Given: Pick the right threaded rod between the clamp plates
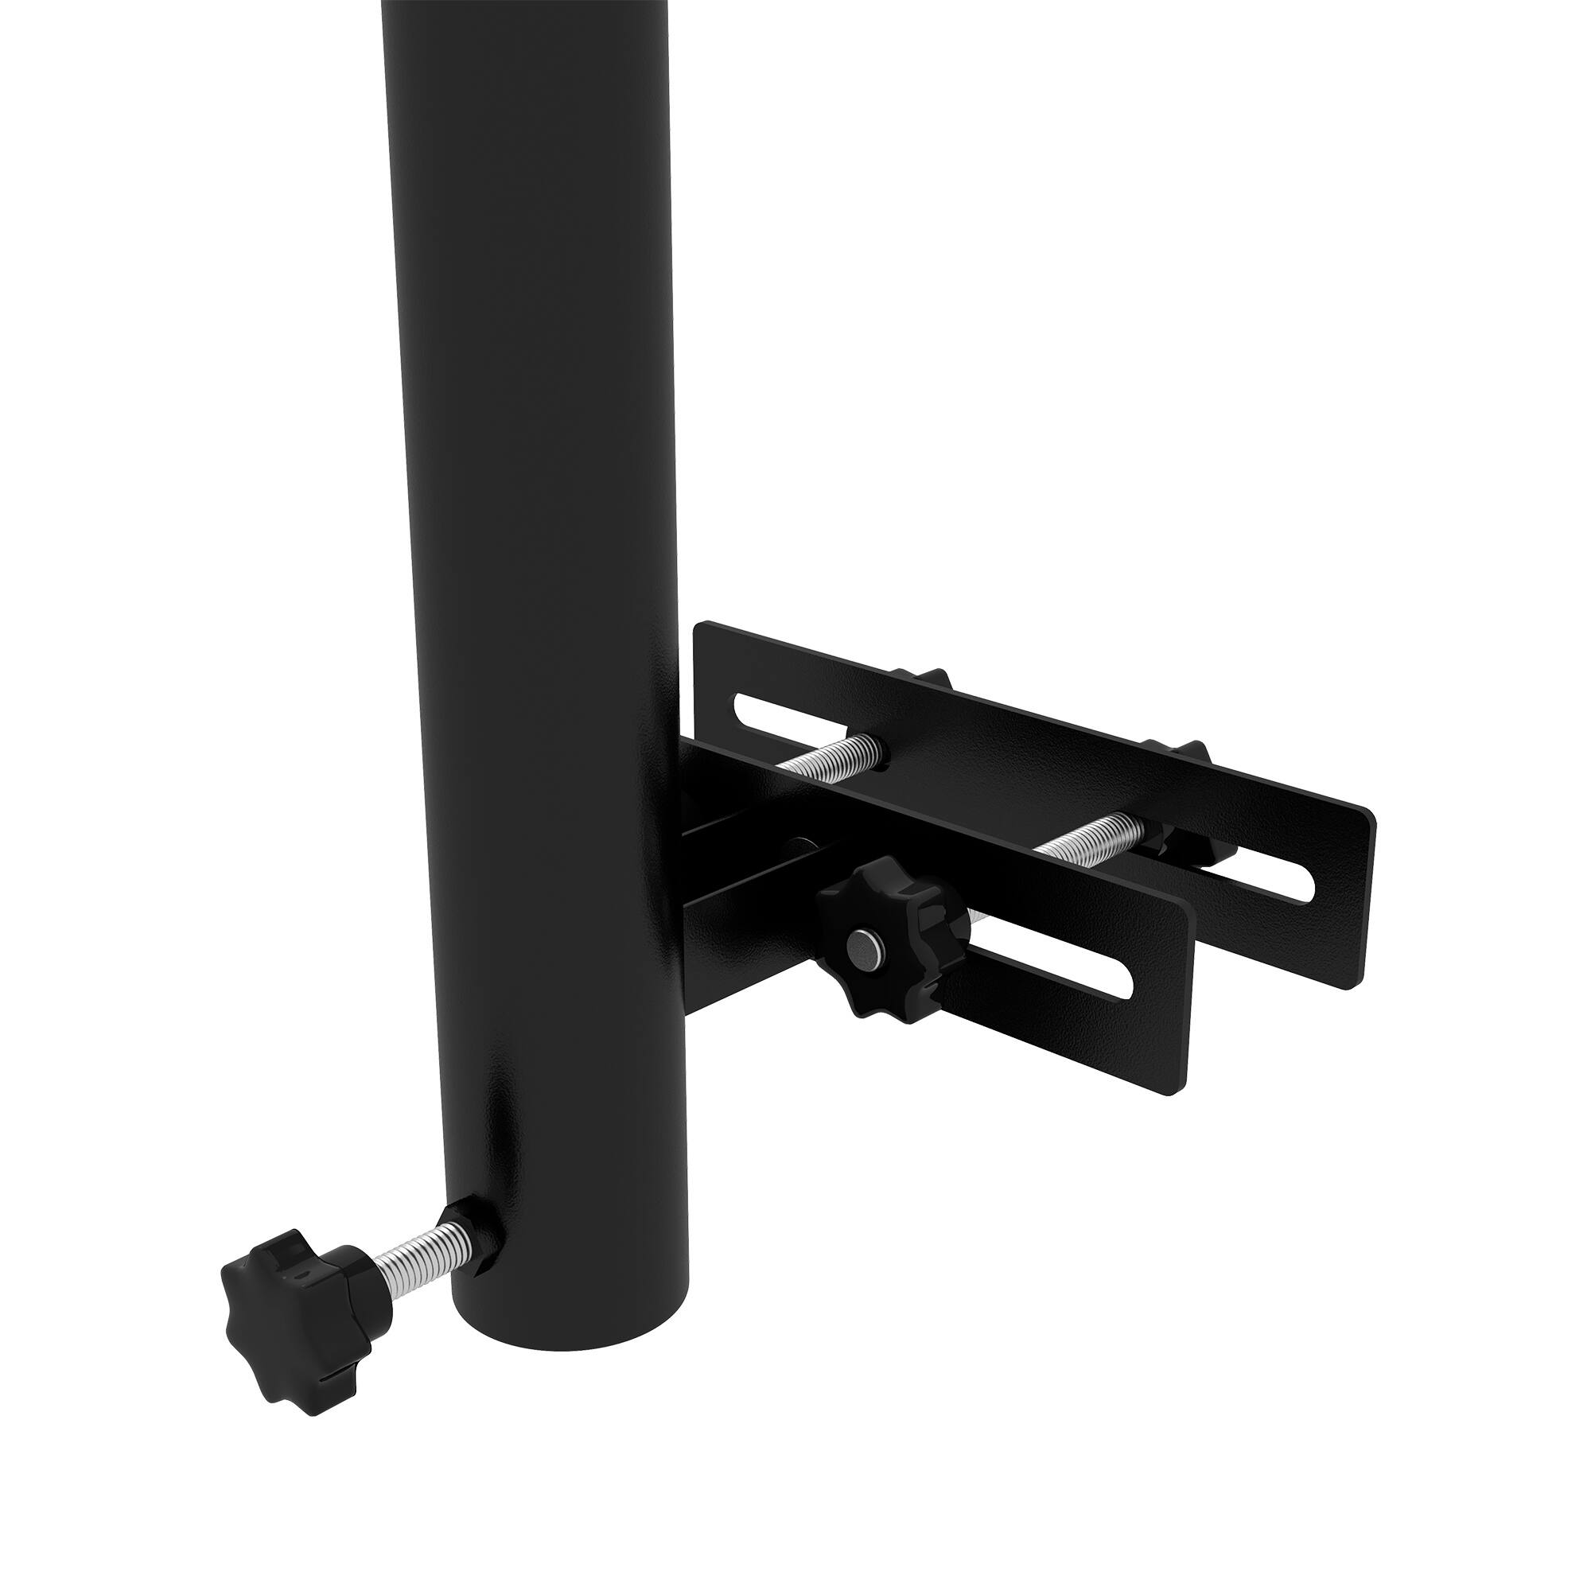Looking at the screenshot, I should [x=1095, y=834].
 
